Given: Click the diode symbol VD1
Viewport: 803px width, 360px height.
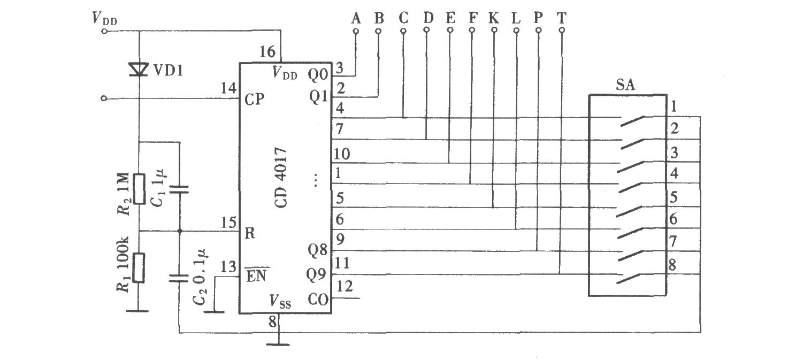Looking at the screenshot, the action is [x=139, y=69].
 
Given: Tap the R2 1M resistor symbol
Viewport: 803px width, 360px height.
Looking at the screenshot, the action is [x=139, y=189].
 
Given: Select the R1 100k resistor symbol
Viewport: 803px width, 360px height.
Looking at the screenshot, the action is [x=139, y=267].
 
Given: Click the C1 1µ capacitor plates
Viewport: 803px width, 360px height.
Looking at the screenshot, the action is [x=179, y=189].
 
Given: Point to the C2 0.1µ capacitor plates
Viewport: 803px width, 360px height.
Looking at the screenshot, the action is [x=179, y=278].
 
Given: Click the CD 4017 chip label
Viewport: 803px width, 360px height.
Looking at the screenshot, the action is [x=281, y=178].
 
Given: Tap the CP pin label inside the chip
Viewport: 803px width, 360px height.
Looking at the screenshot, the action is [x=255, y=99].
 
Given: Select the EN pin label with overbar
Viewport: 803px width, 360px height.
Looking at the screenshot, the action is [x=257, y=275].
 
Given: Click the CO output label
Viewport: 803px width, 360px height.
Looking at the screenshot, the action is [x=318, y=300].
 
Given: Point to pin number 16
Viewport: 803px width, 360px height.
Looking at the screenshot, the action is [x=267, y=52].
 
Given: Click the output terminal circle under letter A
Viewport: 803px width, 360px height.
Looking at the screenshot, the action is [x=356, y=31].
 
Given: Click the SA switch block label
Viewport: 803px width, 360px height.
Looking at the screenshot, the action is [x=625, y=85].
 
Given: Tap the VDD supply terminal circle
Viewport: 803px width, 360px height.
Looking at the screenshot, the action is [x=104, y=31].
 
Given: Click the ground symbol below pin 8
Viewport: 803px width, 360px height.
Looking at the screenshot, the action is [x=278, y=344].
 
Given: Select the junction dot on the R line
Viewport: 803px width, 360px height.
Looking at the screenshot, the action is [x=179, y=231].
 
